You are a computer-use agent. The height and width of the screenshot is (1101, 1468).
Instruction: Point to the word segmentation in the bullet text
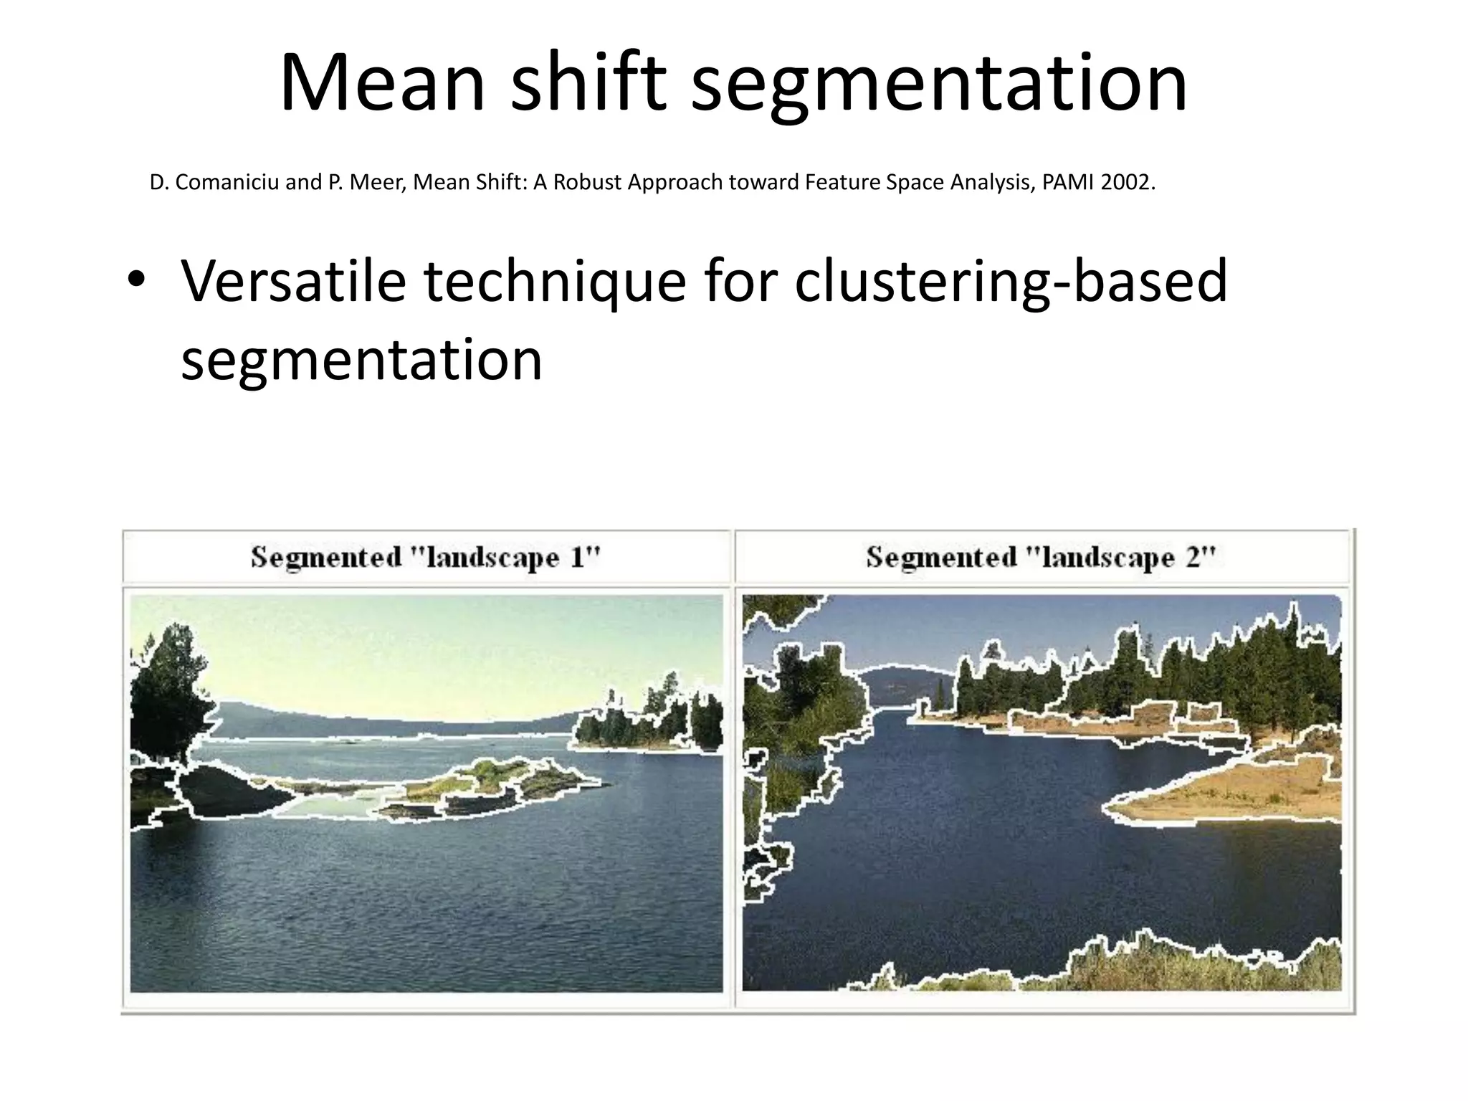361,360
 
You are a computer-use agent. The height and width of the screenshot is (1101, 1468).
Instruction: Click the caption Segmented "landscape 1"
425,557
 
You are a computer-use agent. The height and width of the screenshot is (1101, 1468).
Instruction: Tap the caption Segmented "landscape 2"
1041,557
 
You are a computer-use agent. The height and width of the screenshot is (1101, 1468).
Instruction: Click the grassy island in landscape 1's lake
487,778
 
